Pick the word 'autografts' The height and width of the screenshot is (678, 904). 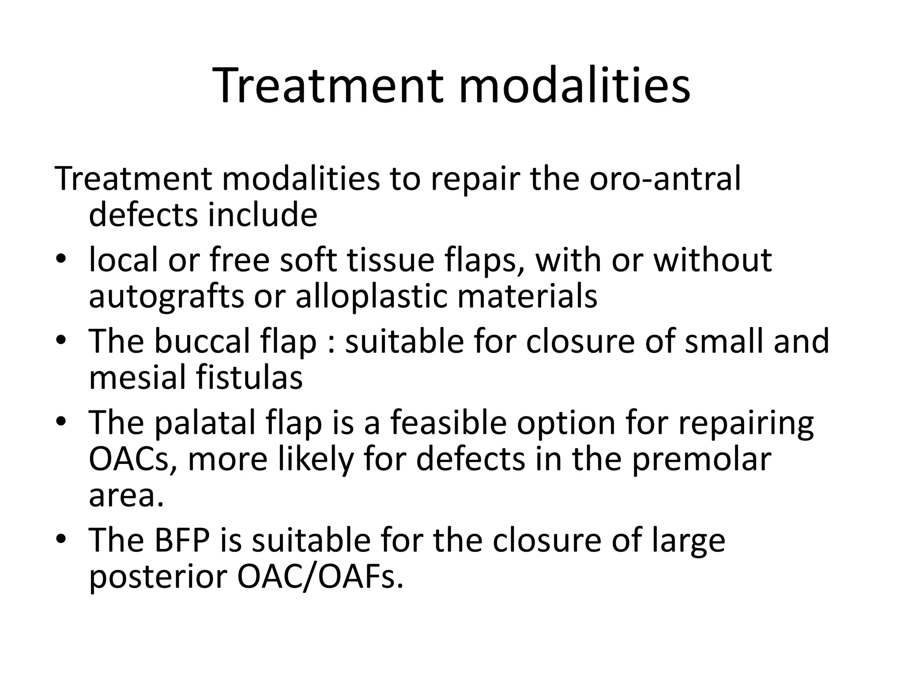pos(166,297)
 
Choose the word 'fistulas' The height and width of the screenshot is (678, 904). pos(249,378)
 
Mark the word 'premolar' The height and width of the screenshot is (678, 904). pos(701,460)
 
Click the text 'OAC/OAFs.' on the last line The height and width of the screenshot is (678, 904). pos(320,577)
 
